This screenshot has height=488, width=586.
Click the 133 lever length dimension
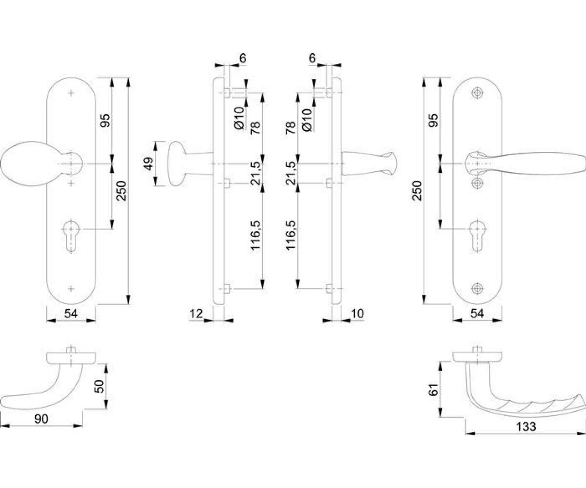(x=525, y=427)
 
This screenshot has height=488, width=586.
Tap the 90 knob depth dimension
(x=41, y=419)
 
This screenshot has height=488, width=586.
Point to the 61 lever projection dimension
(x=434, y=390)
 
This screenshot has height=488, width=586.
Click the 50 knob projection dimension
(x=100, y=386)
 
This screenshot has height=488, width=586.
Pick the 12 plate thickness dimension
(x=196, y=314)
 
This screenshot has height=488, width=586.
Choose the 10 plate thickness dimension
(x=357, y=314)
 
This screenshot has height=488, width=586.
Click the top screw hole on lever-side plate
(x=477, y=93)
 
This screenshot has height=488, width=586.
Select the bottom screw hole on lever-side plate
(x=477, y=288)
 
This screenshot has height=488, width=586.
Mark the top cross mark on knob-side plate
(x=71, y=93)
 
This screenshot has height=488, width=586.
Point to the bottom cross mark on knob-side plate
(x=71, y=288)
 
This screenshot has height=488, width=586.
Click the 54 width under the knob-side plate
(x=71, y=314)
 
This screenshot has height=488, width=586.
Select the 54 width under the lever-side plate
(x=477, y=314)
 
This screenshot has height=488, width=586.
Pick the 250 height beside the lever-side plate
(x=418, y=191)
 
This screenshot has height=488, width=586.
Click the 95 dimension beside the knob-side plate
(x=105, y=121)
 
